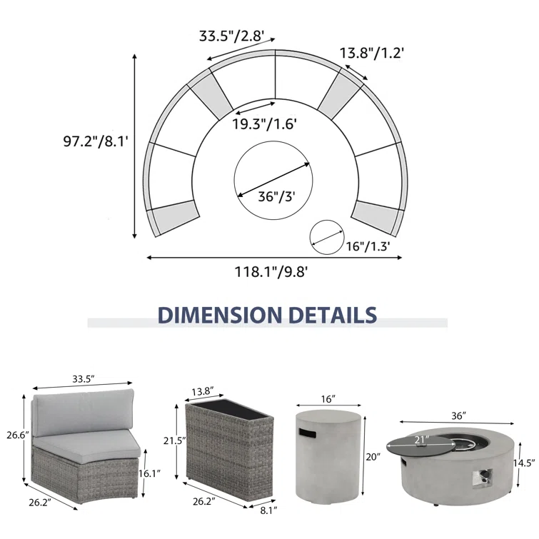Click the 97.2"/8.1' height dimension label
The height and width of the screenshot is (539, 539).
[96, 141]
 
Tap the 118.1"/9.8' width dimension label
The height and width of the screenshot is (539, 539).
[271, 272]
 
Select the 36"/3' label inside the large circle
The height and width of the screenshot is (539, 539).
[277, 196]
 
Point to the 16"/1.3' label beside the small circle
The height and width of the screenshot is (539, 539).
[368, 246]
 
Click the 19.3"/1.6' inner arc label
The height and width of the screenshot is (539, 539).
[264, 124]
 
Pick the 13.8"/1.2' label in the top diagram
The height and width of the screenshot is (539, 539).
[372, 53]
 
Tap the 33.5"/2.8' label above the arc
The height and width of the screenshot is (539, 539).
[232, 36]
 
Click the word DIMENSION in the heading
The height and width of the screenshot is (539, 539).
[220, 315]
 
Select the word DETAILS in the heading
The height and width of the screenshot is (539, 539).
[333, 315]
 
